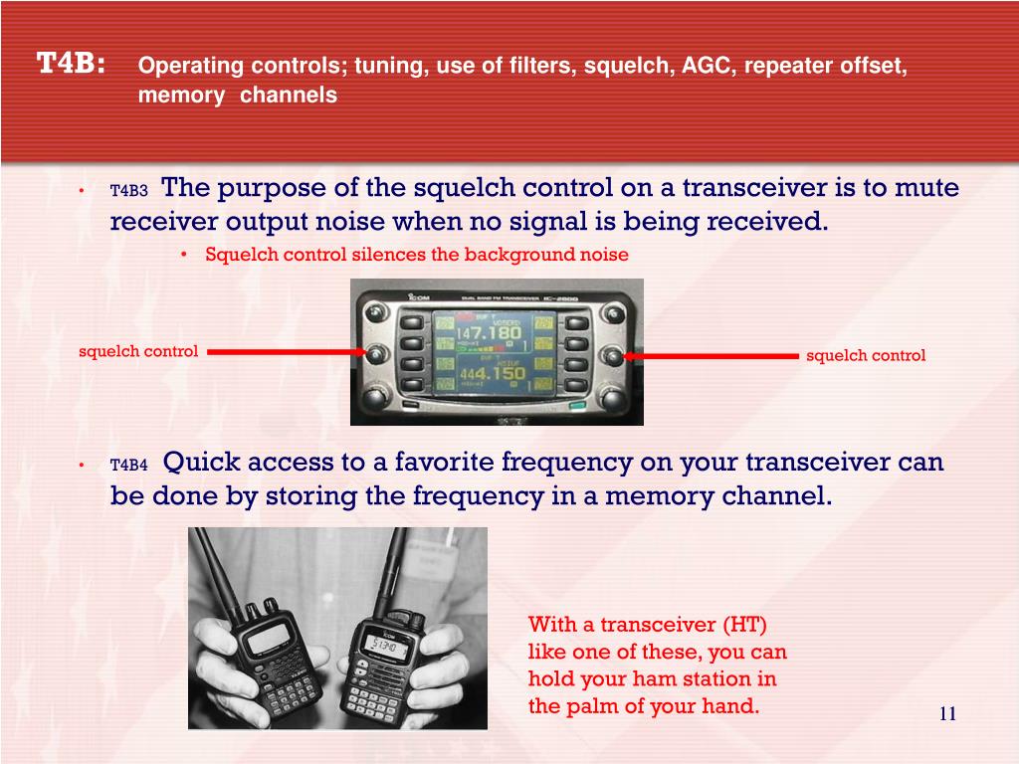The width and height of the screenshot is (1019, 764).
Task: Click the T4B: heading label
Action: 71,63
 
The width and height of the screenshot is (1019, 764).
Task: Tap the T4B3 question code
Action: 128,190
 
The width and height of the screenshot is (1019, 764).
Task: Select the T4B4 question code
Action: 128,465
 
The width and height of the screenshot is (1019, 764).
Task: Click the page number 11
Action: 947,713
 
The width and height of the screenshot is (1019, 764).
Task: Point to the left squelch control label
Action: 138,351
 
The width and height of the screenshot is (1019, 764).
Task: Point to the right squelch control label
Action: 866,355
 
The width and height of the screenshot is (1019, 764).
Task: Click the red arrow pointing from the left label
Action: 287,352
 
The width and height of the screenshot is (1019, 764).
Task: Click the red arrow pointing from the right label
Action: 711,356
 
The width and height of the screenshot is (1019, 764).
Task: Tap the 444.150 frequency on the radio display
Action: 492,374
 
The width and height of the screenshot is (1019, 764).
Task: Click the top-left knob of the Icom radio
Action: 375,313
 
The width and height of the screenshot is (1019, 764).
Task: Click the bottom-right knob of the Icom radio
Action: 613,396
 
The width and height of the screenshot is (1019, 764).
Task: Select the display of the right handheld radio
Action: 387,645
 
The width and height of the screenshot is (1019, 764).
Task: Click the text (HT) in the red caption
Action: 744,625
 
